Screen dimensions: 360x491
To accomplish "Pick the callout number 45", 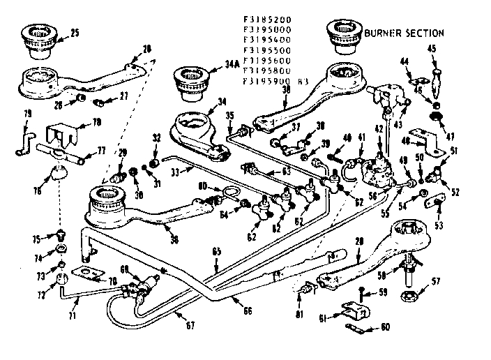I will pyautogui.click(x=432, y=48).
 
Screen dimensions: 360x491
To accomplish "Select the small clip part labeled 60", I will pyautogui.click(x=354, y=326).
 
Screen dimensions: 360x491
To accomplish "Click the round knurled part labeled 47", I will pyautogui.click(x=437, y=116).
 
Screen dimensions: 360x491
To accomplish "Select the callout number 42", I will pyautogui.click(x=379, y=128).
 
